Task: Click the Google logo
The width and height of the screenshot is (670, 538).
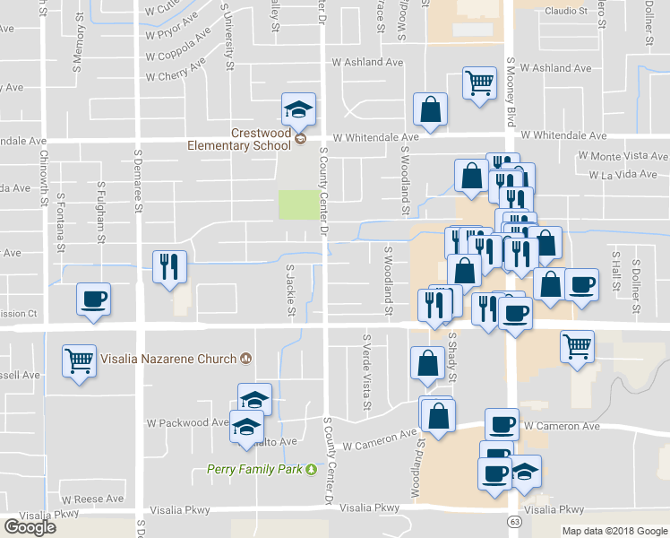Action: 30,527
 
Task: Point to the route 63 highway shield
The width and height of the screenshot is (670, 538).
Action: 513,521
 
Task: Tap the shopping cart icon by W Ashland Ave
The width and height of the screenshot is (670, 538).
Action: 479,84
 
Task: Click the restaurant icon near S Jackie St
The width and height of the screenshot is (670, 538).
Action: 169,265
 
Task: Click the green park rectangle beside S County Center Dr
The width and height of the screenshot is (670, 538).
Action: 298,204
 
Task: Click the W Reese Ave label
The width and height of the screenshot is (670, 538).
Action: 93,499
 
